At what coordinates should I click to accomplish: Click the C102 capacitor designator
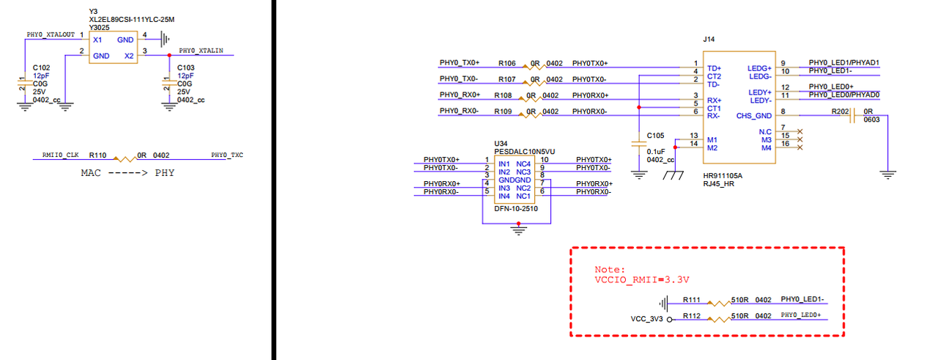[42, 67]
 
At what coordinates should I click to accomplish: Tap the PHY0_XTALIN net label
[201, 51]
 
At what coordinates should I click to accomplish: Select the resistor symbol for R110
[125, 159]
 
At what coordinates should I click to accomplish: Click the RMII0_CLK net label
[60, 155]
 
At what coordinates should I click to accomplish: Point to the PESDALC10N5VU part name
[524, 151]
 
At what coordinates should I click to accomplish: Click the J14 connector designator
[709, 40]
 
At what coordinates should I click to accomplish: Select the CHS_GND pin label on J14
[754, 116]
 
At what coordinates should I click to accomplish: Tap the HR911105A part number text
[723, 175]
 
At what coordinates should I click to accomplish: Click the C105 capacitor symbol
[639, 144]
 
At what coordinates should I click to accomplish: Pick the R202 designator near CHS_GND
[840, 111]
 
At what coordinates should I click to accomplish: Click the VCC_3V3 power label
[646, 319]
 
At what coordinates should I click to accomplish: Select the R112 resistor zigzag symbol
[719, 320]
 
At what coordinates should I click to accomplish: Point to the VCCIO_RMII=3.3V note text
[642, 279]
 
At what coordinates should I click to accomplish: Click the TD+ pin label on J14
[714, 68]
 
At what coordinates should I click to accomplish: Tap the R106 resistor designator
[506, 63]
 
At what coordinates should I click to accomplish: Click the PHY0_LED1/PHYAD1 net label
[843, 62]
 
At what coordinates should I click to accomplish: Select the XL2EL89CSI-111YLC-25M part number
[131, 20]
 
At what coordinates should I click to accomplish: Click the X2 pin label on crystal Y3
[129, 56]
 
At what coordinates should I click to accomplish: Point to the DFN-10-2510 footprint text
[516, 209]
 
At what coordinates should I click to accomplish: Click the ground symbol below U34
[518, 230]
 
